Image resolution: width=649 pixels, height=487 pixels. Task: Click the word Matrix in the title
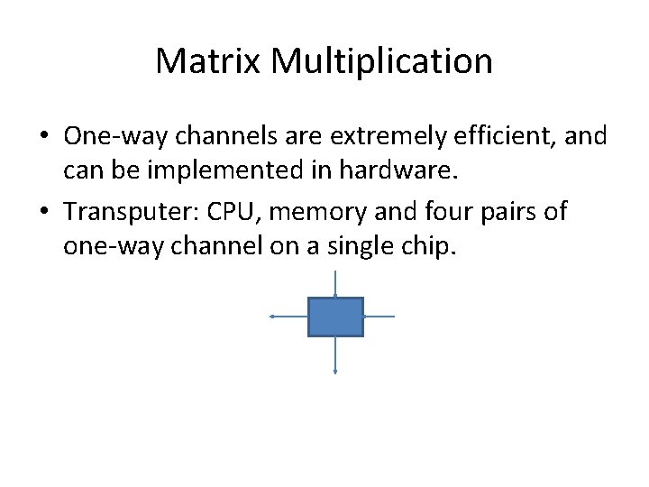pos(207,62)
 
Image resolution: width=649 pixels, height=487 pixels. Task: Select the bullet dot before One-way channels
pos(43,137)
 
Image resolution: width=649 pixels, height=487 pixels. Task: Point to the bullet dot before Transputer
pos(43,213)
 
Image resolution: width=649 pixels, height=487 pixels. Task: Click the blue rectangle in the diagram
pos(335,317)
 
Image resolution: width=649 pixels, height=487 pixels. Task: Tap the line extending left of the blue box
pos(289,317)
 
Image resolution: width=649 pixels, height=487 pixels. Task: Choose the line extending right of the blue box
pos(379,317)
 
